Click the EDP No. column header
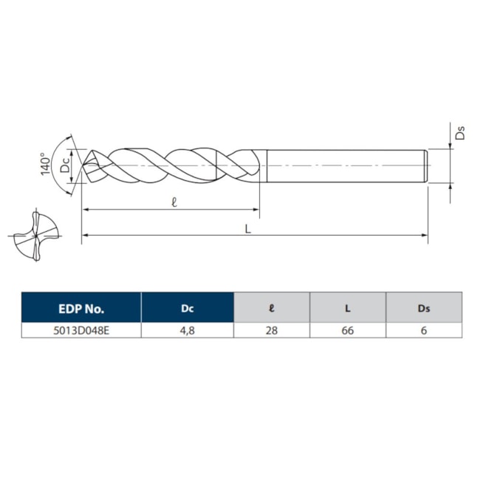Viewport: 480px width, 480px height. [x=81, y=308]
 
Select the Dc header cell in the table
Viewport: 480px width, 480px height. [x=188, y=308]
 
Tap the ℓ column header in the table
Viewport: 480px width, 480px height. [x=271, y=308]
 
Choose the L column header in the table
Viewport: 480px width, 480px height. [x=347, y=308]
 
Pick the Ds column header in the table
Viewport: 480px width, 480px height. [x=423, y=308]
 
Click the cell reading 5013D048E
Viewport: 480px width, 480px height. [x=81, y=331]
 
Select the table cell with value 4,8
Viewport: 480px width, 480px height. [x=188, y=331]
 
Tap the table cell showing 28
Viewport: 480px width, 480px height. [x=271, y=331]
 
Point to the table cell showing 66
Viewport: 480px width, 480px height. [x=347, y=331]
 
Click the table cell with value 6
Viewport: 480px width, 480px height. [x=423, y=331]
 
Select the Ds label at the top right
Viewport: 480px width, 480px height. [x=459, y=134]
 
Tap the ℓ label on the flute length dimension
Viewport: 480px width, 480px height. [x=174, y=202]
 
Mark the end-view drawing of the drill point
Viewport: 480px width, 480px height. [x=34, y=236]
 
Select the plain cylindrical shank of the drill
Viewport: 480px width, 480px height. [x=343, y=165]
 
